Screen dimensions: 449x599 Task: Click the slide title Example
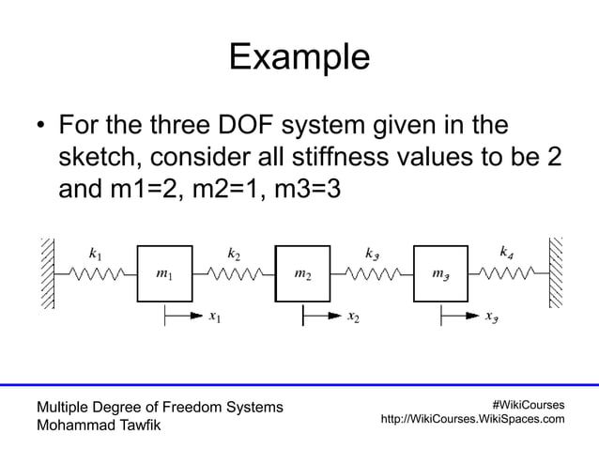coord(299,58)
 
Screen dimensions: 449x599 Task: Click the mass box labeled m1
coord(165,273)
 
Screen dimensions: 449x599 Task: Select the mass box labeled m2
coord(302,273)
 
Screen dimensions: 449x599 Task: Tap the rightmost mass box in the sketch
coord(439,273)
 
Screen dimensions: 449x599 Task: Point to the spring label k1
coord(95,253)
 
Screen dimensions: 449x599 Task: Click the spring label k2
coord(235,253)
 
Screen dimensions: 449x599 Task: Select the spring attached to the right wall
coord(508,274)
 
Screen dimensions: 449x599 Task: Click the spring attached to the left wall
coord(95,274)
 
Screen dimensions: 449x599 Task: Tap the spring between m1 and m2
coord(234,274)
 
